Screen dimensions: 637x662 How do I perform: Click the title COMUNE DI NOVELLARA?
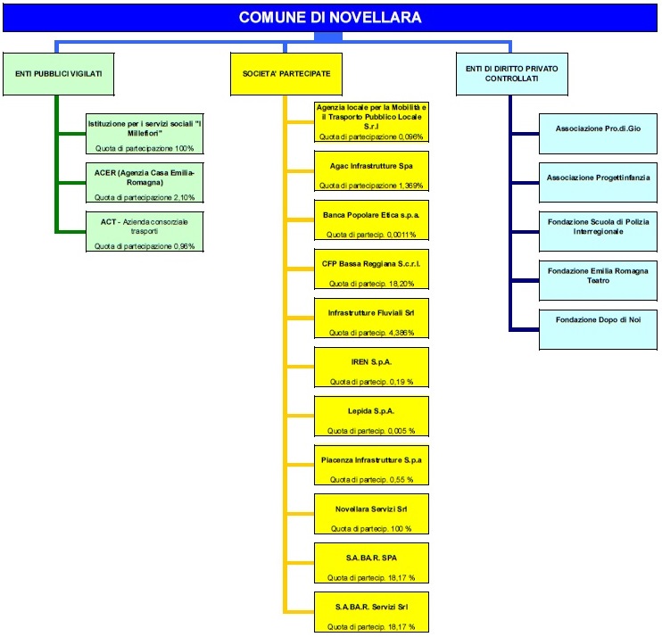pyautogui.click(x=330, y=18)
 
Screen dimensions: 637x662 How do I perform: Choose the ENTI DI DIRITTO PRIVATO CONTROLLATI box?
pyautogui.click(x=510, y=72)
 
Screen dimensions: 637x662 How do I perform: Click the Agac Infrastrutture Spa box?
pyautogui.click(x=372, y=171)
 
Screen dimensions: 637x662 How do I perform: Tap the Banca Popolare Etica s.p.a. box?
pyautogui.click(x=372, y=220)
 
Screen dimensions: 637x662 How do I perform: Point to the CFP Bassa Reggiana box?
pyautogui.click(x=372, y=269)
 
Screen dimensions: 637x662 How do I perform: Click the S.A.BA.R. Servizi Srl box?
pyautogui.click(x=372, y=613)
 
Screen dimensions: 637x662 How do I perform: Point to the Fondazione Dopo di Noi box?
pyautogui.click(x=599, y=328)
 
